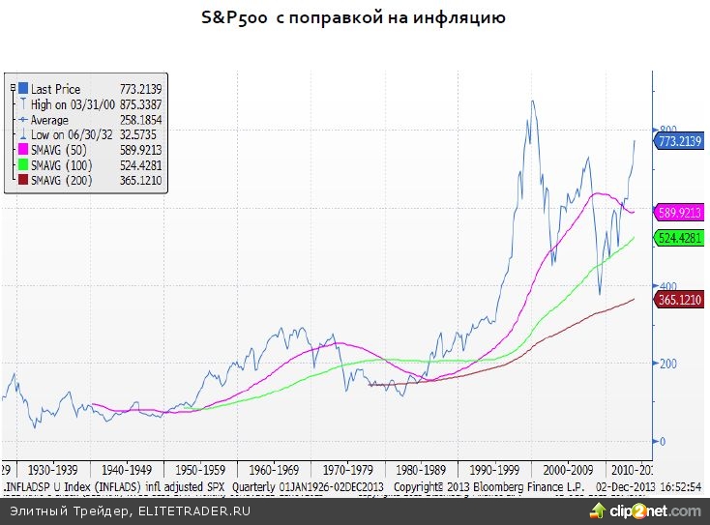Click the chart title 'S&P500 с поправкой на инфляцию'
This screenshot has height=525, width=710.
[x=353, y=18]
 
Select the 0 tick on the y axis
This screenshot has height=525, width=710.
[x=662, y=442]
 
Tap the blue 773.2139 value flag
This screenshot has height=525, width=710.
[x=679, y=142]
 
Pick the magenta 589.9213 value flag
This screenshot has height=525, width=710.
[x=679, y=212]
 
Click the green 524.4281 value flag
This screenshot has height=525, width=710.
[x=679, y=237]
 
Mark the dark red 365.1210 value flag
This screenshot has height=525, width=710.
[x=679, y=301]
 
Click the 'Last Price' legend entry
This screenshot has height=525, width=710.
[x=55, y=89]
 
